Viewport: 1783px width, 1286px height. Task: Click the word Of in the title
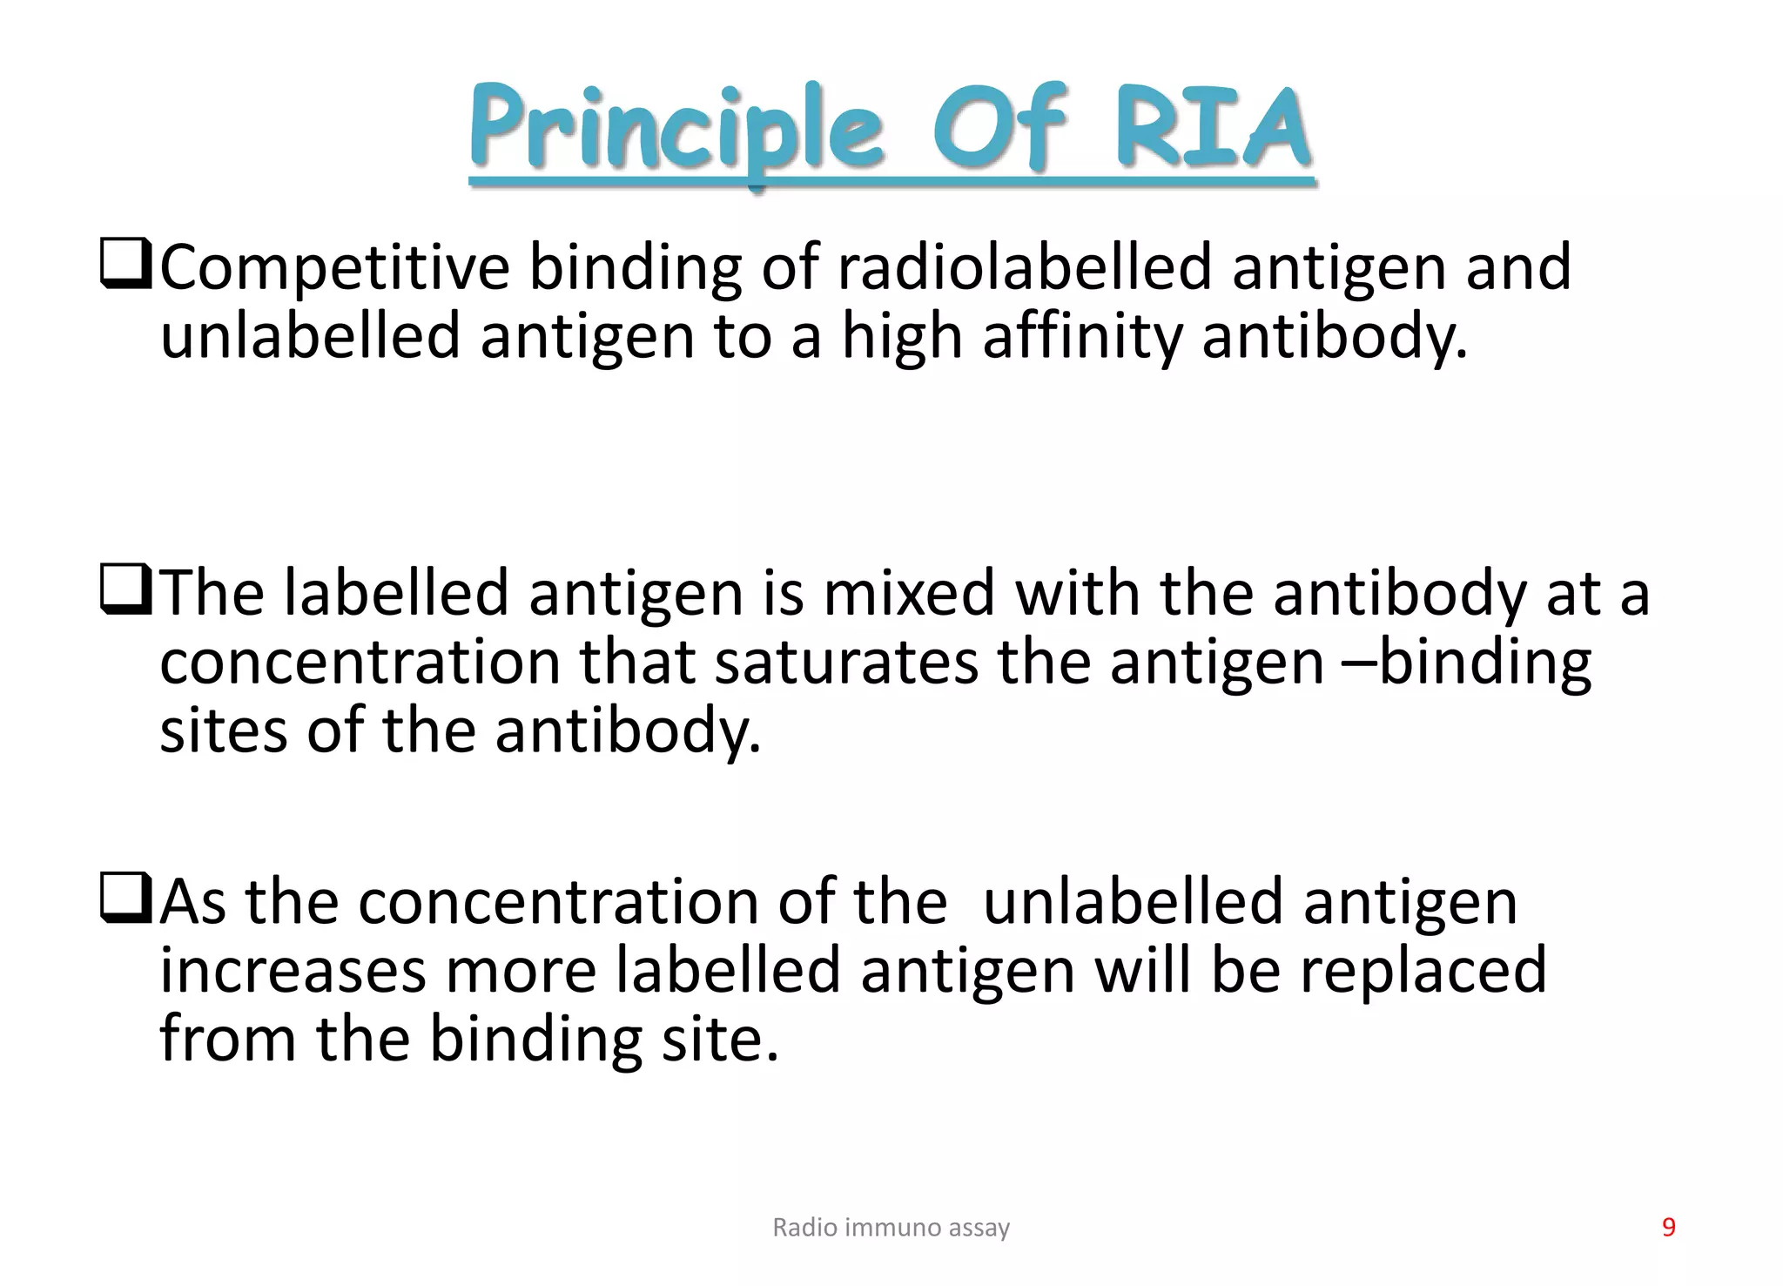(x=999, y=131)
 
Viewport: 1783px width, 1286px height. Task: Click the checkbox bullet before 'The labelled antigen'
(x=125, y=593)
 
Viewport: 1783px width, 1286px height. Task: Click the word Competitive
(x=334, y=268)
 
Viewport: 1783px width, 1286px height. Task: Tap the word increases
(x=293, y=972)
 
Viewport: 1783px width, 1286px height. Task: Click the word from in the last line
(x=227, y=1039)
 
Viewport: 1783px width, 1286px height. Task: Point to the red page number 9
(x=1668, y=1228)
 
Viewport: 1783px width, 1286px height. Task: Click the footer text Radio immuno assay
(x=891, y=1228)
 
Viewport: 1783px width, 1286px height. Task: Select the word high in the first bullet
(x=902, y=338)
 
